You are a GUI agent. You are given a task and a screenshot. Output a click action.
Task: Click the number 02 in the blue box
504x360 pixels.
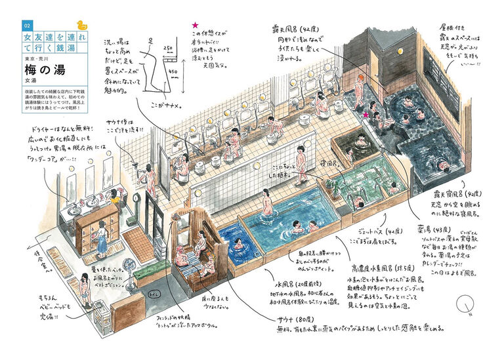(27, 26)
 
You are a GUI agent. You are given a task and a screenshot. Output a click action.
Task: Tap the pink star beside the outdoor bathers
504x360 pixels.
(366, 115)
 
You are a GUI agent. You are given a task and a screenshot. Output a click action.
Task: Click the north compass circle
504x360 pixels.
(466, 304)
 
